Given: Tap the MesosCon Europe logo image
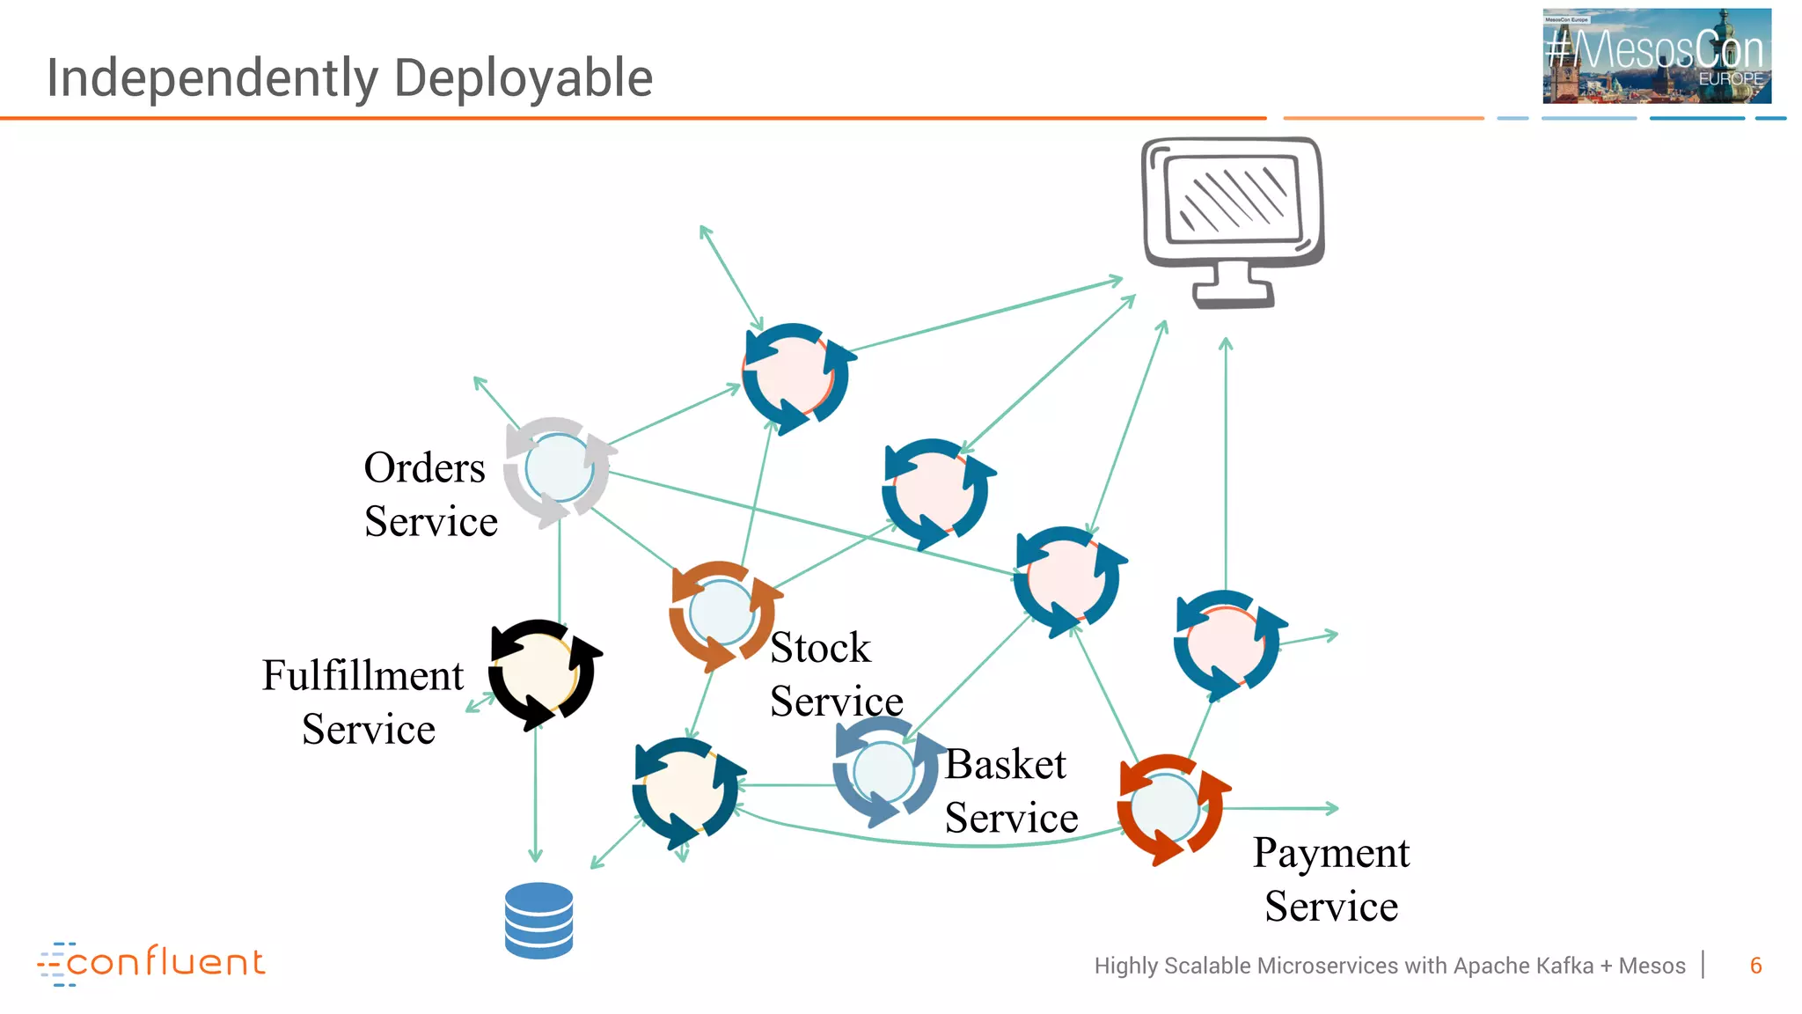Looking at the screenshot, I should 1656,56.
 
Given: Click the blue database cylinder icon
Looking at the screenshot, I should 538,920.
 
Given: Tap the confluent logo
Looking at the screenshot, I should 151,962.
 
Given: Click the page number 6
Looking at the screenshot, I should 1755,966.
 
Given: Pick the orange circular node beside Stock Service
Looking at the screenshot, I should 722,614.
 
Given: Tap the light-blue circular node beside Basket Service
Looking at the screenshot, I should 883,772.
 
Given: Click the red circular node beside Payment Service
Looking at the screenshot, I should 1168,807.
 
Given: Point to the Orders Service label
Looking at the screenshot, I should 429,495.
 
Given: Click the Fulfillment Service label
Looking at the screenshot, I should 364,702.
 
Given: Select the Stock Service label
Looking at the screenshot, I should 834,674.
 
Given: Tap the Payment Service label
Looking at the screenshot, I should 1330,878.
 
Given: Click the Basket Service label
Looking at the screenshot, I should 1010,790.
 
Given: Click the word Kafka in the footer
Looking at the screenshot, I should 1567,966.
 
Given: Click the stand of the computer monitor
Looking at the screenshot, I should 1233,285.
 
